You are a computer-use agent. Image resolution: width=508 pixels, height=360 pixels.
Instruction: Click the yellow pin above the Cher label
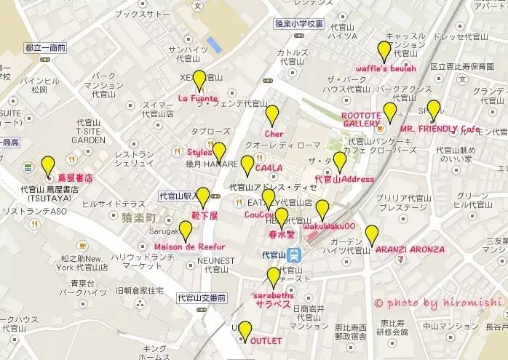[x=272, y=115]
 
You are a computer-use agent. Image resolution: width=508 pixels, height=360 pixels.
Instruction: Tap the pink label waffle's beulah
[x=386, y=68]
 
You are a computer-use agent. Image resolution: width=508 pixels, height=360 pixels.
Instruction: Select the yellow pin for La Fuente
[x=199, y=79]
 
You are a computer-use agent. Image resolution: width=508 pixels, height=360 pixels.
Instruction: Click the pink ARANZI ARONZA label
[x=410, y=249]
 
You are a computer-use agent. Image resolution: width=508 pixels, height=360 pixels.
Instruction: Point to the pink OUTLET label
[x=266, y=340]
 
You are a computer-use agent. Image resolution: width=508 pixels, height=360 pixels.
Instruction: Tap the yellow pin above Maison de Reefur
[x=186, y=231]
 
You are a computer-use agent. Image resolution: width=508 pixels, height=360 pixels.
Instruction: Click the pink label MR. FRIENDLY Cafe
[x=440, y=129]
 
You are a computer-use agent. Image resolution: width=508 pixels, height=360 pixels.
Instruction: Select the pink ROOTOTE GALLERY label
[x=361, y=120]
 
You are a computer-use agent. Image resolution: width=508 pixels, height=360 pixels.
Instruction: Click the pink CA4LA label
[x=269, y=169]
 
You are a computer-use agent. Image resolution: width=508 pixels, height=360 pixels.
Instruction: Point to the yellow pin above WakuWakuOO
[x=322, y=209]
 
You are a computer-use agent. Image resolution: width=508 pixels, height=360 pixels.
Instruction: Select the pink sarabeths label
[x=274, y=300]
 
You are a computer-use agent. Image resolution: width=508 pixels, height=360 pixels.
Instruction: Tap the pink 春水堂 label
[x=281, y=234]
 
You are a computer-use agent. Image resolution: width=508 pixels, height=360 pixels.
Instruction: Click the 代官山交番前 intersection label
[x=201, y=297]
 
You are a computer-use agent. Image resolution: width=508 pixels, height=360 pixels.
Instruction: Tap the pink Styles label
[x=199, y=152]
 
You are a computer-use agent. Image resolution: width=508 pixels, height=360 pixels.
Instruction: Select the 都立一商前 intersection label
[x=45, y=47]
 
